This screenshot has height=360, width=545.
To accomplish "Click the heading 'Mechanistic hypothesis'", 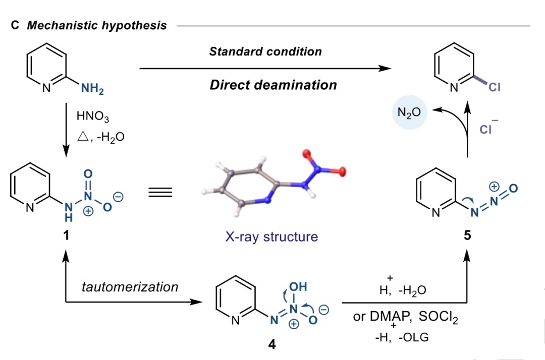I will (96, 25).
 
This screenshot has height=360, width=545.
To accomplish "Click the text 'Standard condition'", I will (265, 52).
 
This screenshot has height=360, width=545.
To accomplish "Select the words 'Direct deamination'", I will (273, 85).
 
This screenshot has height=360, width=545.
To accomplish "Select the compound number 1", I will (66, 235).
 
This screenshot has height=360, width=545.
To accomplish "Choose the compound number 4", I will (271, 346).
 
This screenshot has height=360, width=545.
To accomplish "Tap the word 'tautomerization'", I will (130, 287).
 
